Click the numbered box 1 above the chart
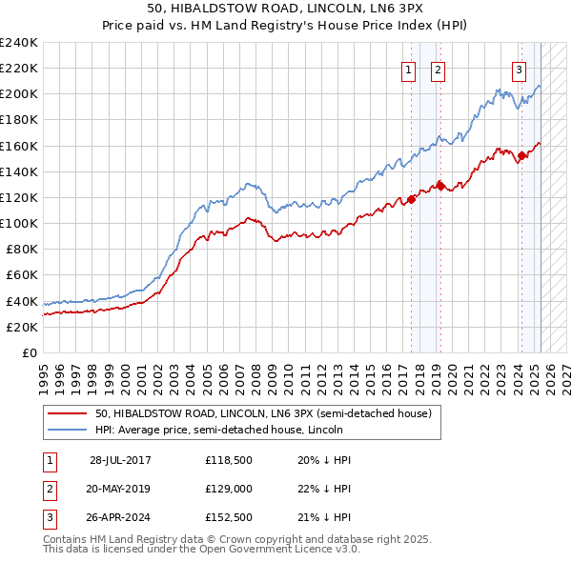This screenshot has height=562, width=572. coord(408,69)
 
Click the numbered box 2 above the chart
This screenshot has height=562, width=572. coord(438,69)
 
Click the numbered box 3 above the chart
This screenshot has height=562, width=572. coord(519,69)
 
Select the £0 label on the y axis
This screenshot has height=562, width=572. coord(29,352)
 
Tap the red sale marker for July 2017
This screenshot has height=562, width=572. coord(412,199)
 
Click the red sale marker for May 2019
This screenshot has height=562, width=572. coord(440,186)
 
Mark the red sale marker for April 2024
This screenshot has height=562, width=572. coord(521,155)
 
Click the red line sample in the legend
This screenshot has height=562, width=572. coord(67,413)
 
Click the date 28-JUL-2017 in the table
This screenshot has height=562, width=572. coord(120,460)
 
